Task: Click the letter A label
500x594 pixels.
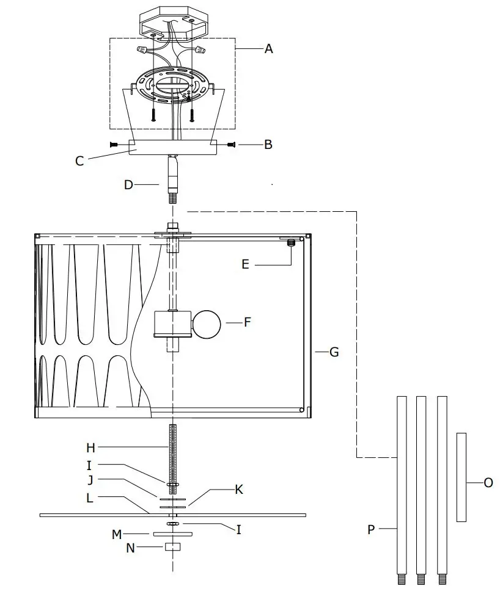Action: [268, 49]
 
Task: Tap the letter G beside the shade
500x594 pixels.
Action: [334, 352]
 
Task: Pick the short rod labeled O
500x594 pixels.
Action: [461, 477]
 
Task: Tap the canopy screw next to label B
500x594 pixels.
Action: [231, 145]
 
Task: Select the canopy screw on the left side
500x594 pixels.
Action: [115, 145]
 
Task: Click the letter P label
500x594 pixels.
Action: [371, 530]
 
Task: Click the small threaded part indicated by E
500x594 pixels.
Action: [291, 244]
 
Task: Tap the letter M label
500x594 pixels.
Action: [117, 535]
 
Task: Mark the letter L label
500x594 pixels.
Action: [90, 498]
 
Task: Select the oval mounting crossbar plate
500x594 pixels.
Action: [173, 84]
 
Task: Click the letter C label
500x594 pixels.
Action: [80, 161]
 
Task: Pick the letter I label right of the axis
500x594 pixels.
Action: [238, 530]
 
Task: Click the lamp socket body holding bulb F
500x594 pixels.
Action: [172, 324]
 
